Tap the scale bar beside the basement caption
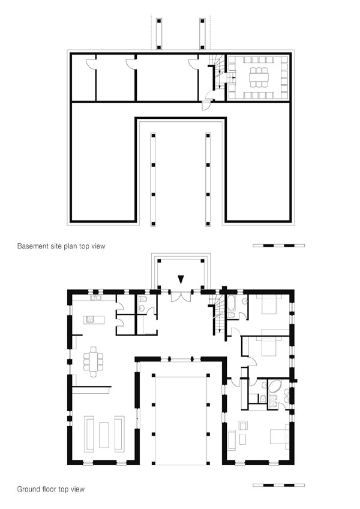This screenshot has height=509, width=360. pyautogui.click(x=278, y=245)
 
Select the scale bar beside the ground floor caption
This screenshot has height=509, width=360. pyautogui.click(x=278, y=485)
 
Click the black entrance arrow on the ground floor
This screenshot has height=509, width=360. pyautogui.click(x=181, y=279)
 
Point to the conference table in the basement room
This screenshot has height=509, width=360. pyautogui.click(x=259, y=77)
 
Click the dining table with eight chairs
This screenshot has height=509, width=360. pyautogui.click(x=94, y=362)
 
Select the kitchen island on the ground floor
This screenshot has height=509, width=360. pyautogui.click(x=94, y=319)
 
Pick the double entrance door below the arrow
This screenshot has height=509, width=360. pyautogui.click(x=181, y=297)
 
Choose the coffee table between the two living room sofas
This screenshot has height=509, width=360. pyautogui.click(x=104, y=435)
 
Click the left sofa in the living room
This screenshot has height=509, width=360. pyautogui.click(x=89, y=434)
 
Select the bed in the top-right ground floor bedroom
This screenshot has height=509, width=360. pyautogui.click(x=269, y=304)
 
